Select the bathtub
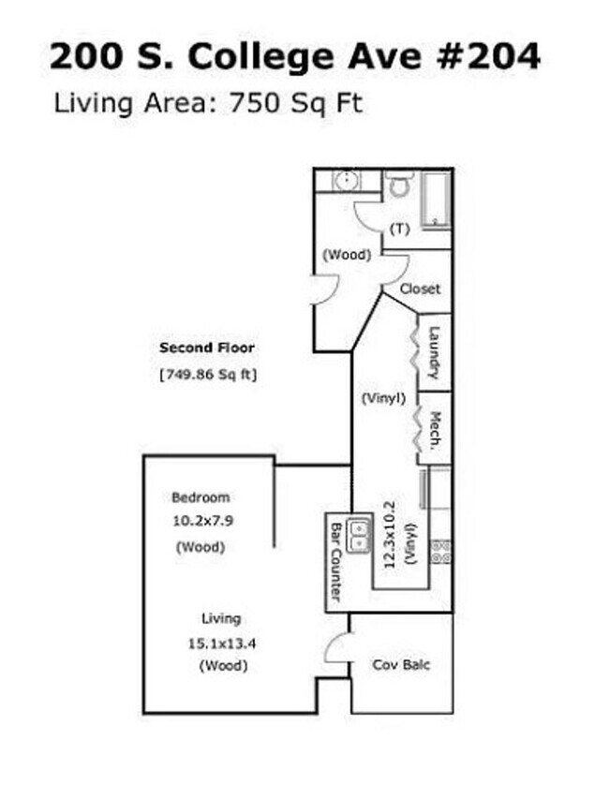click(x=437, y=198)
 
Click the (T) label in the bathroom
click(x=399, y=229)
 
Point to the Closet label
click(x=419, y=289)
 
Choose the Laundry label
click(x=434, y=352)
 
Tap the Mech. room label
click(x=435, y=431)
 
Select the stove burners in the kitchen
click(x=440, y=553)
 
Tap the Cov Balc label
click(x=401, y=665)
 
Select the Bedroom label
click(x=200, y=497)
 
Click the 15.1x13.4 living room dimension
click(x=221, y=643)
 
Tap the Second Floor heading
click(x=206, y=348)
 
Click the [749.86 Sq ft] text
click(x=208, y=375)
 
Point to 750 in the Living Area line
click(x=258, y=101)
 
